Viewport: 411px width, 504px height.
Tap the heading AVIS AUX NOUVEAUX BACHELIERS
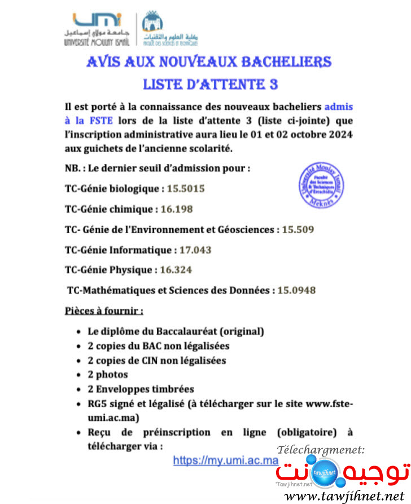209,62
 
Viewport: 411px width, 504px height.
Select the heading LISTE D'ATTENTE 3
210,84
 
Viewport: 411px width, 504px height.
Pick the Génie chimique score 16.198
177,209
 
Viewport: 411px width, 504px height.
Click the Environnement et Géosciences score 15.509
298,230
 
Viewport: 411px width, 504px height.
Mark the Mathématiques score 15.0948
297,291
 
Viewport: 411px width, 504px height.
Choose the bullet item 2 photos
107,374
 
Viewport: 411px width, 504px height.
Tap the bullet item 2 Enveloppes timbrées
141,389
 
